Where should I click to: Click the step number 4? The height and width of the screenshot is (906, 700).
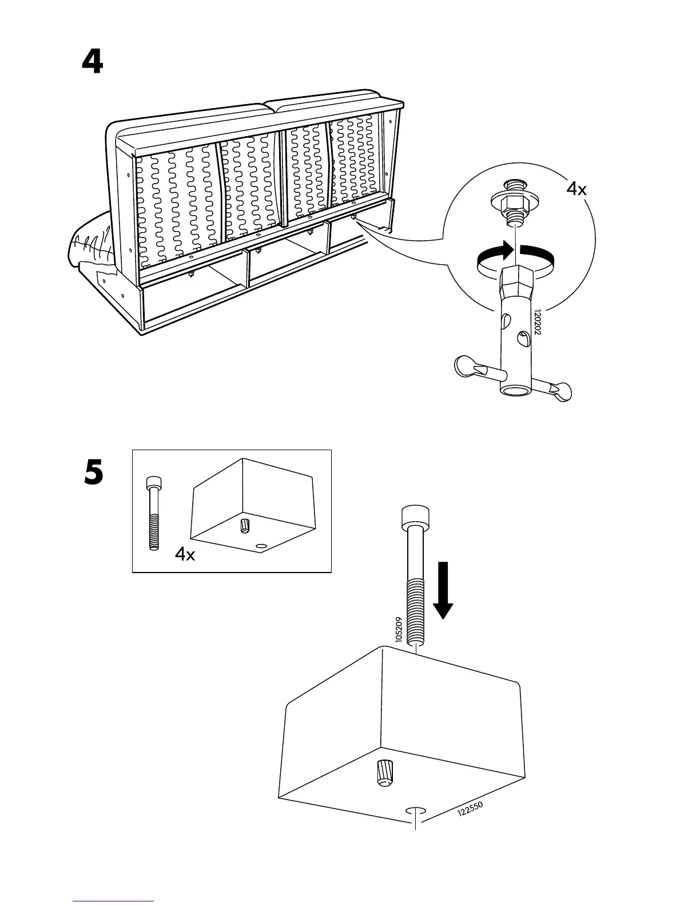[x=93, y=62]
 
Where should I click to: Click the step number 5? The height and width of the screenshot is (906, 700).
[x=94, y=474]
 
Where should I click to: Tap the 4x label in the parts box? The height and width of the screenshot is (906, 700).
[x=185, y=554]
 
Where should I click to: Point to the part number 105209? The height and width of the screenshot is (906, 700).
[x=399, y=629]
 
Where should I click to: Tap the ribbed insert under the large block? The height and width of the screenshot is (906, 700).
[x=384, y=773]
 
